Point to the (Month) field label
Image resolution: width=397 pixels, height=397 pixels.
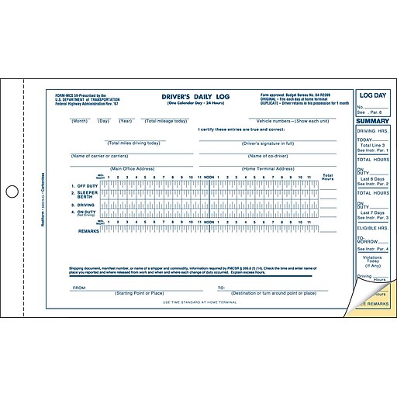80,121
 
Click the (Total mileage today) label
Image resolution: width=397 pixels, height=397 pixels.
165,121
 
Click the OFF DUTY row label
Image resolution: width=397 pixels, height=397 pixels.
85,188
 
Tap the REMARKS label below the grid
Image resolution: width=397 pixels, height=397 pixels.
88,230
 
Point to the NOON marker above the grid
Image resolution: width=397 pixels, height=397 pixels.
209,178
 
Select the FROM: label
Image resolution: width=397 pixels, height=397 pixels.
79,287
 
